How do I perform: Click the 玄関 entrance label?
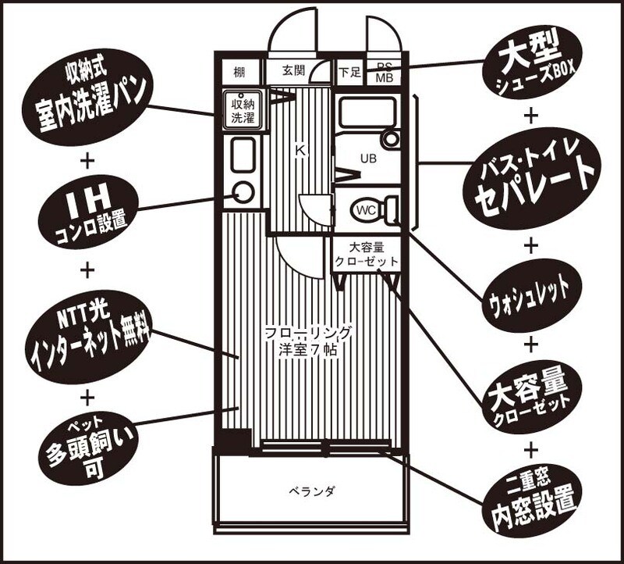pyautogui.click(x=293, y=72)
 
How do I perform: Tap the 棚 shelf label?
pyautogui.click(x=239, y=73)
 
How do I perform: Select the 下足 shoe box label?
pyautogui.click(x=349, y=73)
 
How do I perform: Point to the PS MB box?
pyautogui.click(x=384, y=73)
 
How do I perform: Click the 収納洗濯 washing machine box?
pyautogui.click(x=241, y=110)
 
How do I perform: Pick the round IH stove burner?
pyautogui.click(x=243, y=191)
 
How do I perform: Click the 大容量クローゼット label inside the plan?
pyautogui.click(x=366, y=254)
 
